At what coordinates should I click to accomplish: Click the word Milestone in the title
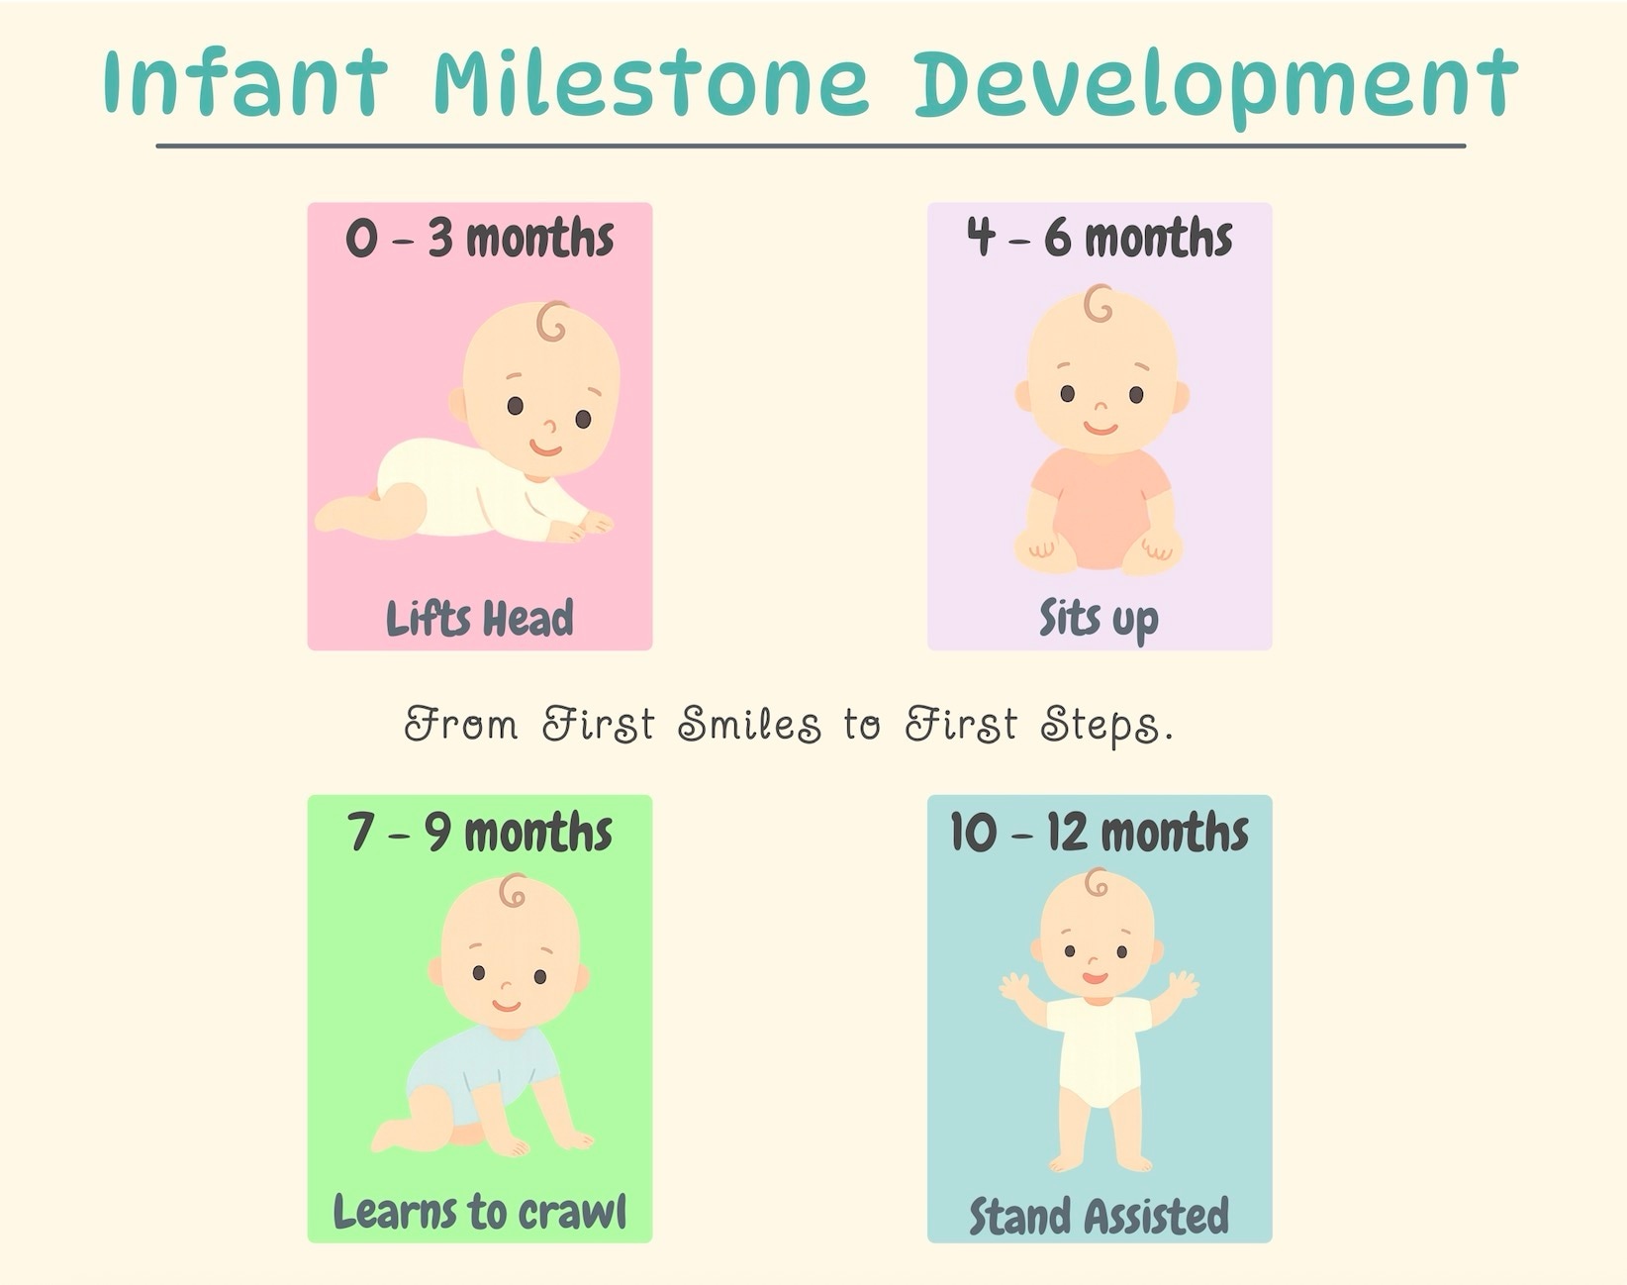coord(650,83)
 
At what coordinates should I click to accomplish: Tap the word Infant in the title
coord(244,83)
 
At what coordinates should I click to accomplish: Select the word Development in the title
coord(1214,85)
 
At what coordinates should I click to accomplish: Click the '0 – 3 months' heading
coord(480,239)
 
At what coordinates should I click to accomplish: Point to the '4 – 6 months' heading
coord(1100,239)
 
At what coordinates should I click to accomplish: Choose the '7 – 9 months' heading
coord(480,832)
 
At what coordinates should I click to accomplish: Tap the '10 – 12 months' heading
coord(1100,832)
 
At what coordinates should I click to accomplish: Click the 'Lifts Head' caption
coord(480,619)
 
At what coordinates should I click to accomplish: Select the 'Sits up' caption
coord(1099,619)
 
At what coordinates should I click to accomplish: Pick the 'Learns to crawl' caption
coord(480,1211)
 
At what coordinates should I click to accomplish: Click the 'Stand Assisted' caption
coord(1099,1216)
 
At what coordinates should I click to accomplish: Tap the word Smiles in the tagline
coord(749,725)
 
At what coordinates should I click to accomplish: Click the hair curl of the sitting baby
coord(1098,304)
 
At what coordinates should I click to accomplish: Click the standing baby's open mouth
coord(1095,978)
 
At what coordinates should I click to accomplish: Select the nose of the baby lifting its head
coord(550,427)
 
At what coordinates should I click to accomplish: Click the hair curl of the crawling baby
coord(513,892)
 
